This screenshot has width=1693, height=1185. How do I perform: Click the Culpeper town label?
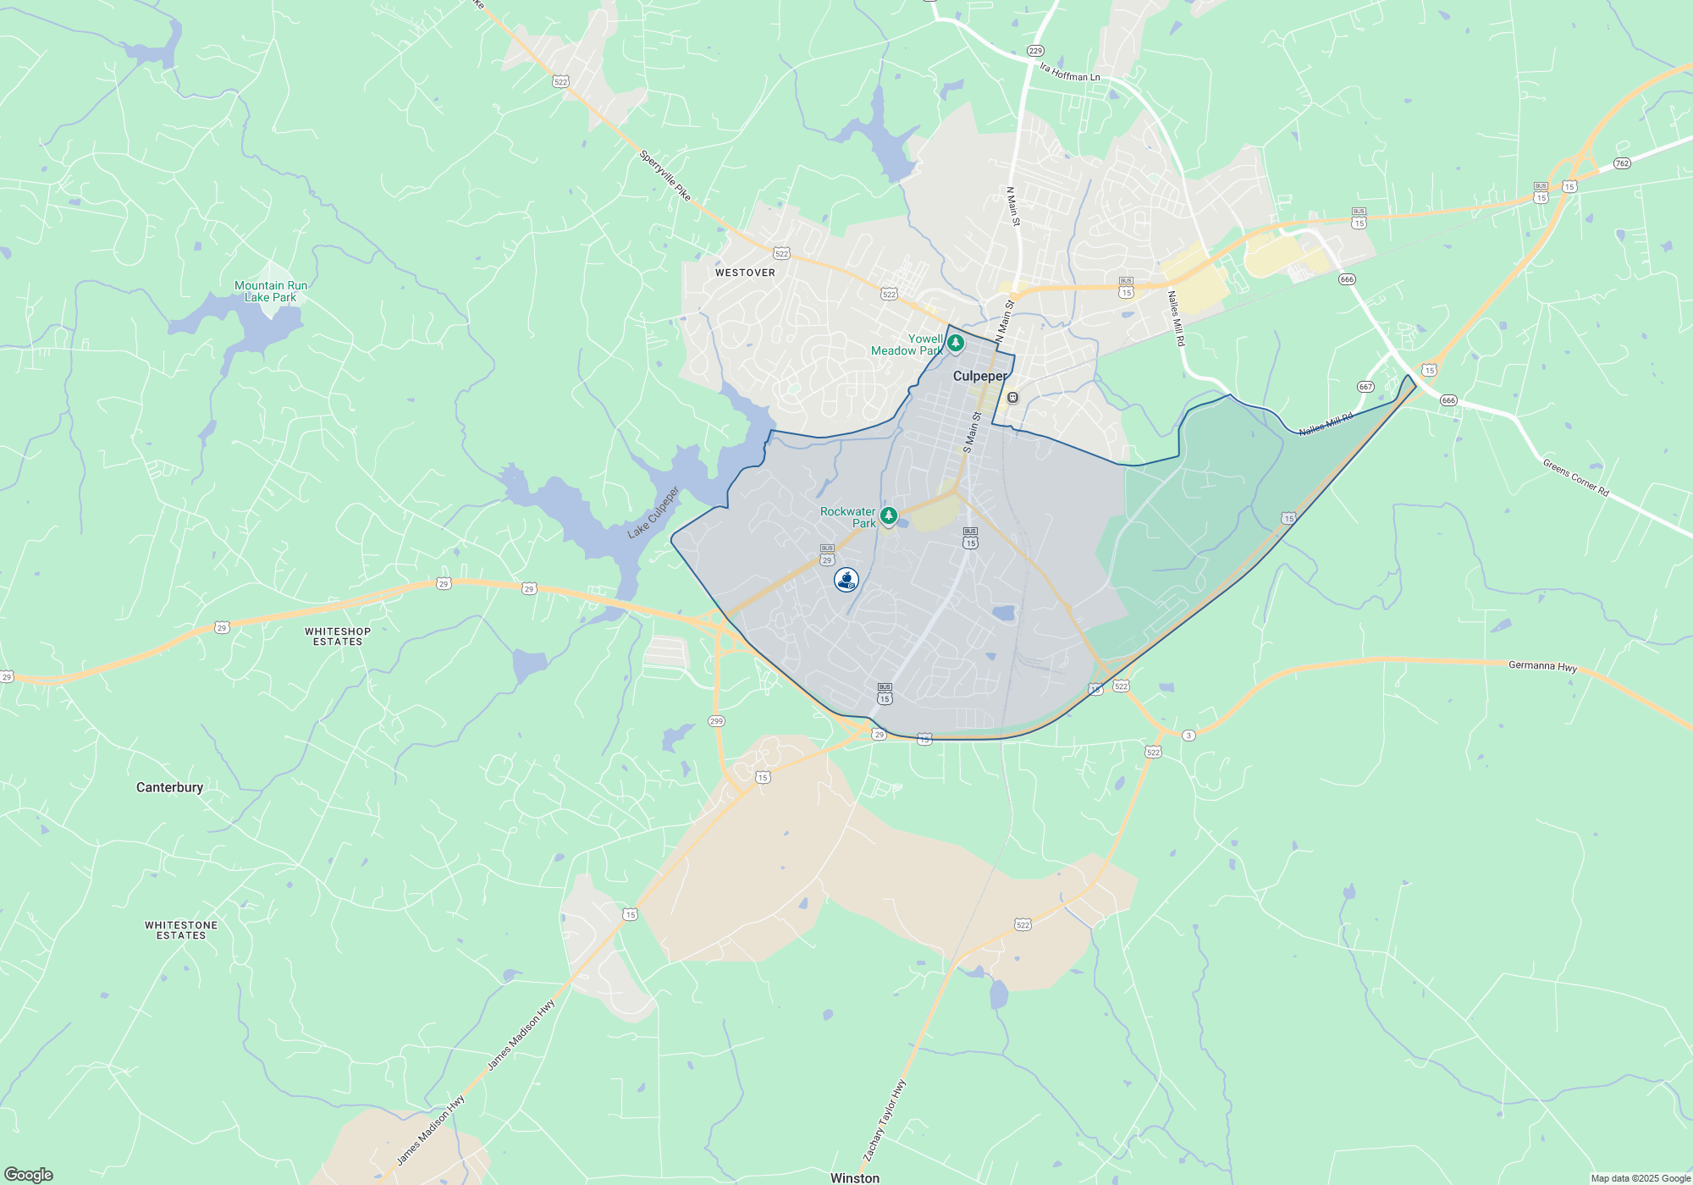[980, 376]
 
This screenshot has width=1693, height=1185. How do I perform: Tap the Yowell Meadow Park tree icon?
[956, 343]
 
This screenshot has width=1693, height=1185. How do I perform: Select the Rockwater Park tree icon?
[888, 515]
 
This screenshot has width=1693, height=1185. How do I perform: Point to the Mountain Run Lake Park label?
[271, 292]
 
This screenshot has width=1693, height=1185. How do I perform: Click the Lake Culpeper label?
[653, 513]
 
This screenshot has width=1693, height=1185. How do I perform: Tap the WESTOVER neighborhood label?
[745, 273]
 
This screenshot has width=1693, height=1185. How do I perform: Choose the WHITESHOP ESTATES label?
[338, 637]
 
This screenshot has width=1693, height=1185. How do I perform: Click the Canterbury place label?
[170, 787]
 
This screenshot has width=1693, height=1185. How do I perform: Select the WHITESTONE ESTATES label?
[181, 930]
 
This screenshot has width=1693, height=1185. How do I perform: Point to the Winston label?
[855, 1177]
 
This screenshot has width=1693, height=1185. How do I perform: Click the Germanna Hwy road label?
[1542, 666]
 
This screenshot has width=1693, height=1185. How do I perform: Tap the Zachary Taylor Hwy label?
[885, 1121]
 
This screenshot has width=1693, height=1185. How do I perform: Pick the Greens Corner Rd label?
[1575, 477]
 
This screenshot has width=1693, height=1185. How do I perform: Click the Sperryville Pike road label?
[665, 175]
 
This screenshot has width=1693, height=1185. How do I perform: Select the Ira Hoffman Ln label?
[1070, 73]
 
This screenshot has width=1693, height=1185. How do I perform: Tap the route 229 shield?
[1035, 51]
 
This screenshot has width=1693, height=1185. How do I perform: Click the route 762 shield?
[1622, 163]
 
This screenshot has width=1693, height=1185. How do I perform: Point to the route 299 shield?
[716, 721]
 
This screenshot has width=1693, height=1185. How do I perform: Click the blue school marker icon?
[846, 580]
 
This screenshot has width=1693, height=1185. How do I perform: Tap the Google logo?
[28, 1175]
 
